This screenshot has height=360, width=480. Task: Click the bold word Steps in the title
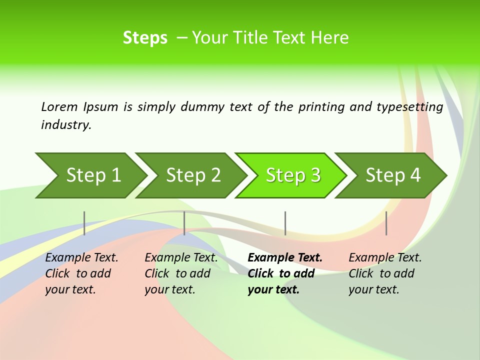click(x=145, y=38)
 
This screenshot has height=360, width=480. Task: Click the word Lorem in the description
click(x=59, y=107)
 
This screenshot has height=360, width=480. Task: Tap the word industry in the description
click(x=65, y=125)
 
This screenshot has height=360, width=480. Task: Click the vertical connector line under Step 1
click(x=84, y=223)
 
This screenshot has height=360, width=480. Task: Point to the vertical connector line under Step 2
click(x=184, y=223)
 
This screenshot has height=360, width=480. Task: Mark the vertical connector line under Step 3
click(x=285, y=223)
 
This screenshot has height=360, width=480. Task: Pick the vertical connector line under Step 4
click(x=386, y=223)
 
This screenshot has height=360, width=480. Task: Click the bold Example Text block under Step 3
click(x=284, y=273)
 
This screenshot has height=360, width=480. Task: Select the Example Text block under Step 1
click(x=81, y=273)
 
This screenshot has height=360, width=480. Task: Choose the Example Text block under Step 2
click(x=181, y=273)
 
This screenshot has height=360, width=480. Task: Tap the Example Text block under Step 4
click(x=385, y=273)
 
